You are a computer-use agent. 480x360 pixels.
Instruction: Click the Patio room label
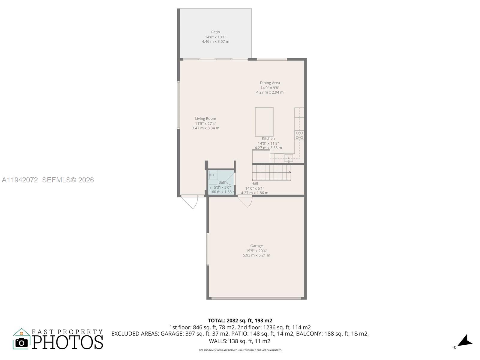click(215, 32)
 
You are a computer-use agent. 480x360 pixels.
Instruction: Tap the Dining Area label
click(270, 83)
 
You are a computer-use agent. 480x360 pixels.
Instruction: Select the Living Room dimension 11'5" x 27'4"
click(205, 123)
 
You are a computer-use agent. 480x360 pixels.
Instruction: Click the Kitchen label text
click(268, 139)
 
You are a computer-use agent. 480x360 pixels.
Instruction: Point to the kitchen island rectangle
click(264, 122)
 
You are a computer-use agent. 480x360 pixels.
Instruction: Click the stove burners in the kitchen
click(299, 135)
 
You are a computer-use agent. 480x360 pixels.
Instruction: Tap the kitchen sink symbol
click(289, 158)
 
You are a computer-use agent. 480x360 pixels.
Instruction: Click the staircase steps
click(271, 172)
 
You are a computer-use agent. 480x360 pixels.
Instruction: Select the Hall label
click(254, 183)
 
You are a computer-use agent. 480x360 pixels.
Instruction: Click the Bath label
click(222, 182)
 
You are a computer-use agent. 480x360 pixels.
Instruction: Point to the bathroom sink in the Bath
click(213, 175)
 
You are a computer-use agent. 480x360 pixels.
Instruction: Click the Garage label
click(256, 246)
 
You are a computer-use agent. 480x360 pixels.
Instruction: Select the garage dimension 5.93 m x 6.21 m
click(256, 255)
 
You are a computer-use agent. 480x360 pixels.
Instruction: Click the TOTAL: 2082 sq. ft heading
click(240, 320)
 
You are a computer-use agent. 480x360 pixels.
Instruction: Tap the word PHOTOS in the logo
click(67, 342)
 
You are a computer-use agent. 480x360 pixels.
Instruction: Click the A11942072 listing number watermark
click(20, 180)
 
